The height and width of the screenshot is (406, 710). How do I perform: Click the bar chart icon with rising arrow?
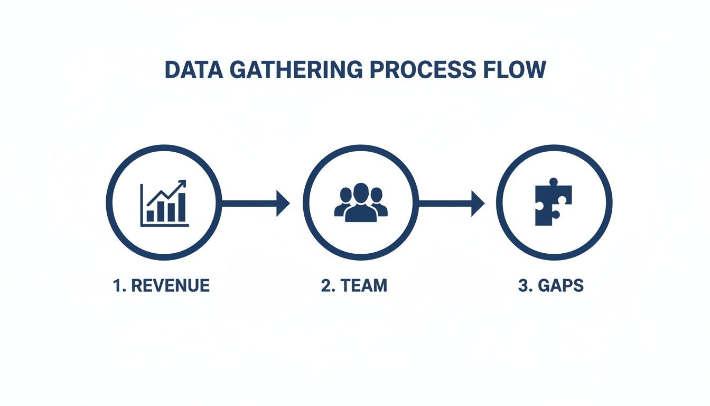[x=164, y=204]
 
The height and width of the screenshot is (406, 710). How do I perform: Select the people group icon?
[x=361, y=203]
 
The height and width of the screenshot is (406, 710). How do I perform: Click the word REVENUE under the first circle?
[x=170, y=285]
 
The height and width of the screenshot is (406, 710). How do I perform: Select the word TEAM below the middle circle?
[x=363, y=285]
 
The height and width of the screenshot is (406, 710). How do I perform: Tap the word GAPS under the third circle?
[x=560, y=285]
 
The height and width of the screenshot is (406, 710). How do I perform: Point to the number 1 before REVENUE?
[x=117, y=285]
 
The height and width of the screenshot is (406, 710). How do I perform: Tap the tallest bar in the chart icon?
[x=182, y=207]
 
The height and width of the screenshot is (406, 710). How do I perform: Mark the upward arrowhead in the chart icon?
[x=182, y=184]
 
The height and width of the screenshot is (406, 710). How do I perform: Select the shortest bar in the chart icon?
[x=151, y=216]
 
